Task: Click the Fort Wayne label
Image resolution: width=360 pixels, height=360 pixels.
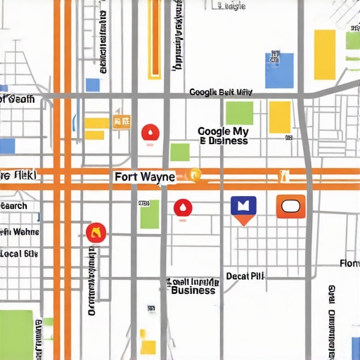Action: [x=144, y=178]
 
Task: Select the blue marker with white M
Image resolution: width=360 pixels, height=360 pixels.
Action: [x=243, y=207]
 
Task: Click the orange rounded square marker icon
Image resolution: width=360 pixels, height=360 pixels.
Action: [x=290, y=207]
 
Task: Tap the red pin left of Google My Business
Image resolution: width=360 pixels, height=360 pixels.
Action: [x=150, y=133]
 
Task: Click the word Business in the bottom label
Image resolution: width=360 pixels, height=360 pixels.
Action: [x=193, y=290]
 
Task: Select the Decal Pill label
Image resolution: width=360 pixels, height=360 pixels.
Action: [x=245, y=276]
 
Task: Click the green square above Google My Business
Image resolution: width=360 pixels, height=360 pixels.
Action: [x=239, y=113]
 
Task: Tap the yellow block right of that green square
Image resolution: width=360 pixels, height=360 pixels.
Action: [x=280, y=117]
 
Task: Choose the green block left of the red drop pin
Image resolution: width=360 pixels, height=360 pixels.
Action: [x=149, y=214]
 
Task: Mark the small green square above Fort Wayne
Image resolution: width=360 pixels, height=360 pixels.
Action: [x=180, y=152]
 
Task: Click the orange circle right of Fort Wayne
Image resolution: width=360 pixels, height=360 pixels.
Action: [x=195, y=175]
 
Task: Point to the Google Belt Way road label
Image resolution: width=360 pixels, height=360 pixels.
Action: [x=221, y=92]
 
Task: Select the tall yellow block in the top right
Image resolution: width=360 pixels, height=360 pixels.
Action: [x=324, y=54]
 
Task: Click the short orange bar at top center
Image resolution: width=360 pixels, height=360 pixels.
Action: [x=154, y=39]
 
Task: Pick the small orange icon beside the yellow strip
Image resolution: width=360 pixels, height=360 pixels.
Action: [x=121, y=123]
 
